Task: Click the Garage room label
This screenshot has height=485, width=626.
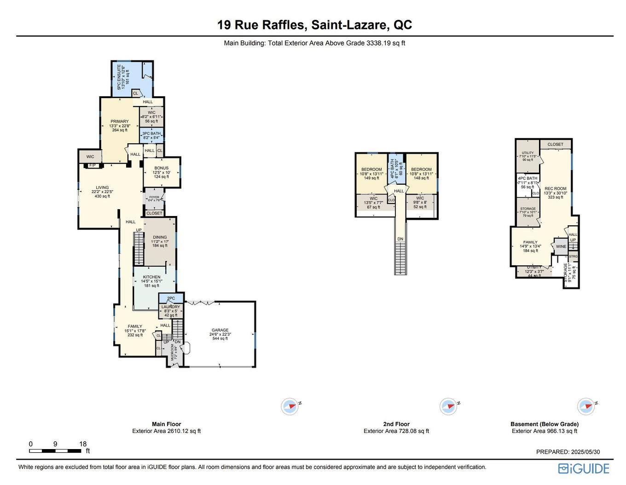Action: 220,330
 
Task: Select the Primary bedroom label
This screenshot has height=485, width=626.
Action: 119,122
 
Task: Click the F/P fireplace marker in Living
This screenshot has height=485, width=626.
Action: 92,165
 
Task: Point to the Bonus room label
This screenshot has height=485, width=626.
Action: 161,168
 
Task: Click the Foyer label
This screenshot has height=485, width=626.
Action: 154,197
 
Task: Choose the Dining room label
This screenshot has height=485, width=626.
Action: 160,237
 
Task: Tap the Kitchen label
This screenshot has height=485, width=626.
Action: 151,277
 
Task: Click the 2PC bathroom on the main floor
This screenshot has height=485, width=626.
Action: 171,298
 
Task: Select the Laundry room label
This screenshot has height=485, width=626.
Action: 170,307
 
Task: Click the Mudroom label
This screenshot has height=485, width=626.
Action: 173,352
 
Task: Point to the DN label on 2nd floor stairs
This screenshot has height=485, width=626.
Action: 400,239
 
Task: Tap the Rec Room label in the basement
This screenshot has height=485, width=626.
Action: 555,189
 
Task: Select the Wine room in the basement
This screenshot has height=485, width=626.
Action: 561,246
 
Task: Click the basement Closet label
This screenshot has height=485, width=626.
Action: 555,144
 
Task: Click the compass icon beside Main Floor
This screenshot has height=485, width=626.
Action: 290,406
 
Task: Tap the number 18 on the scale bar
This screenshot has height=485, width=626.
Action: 83,444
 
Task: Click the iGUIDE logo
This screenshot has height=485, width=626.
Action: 584,468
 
